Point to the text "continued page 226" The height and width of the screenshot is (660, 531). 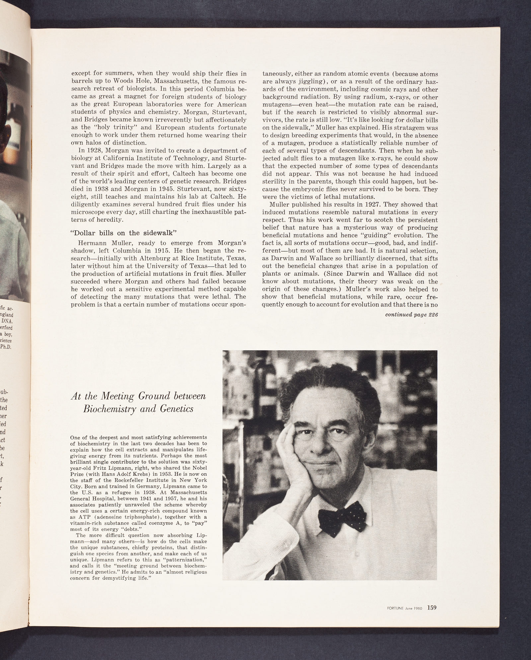[410, 315]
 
